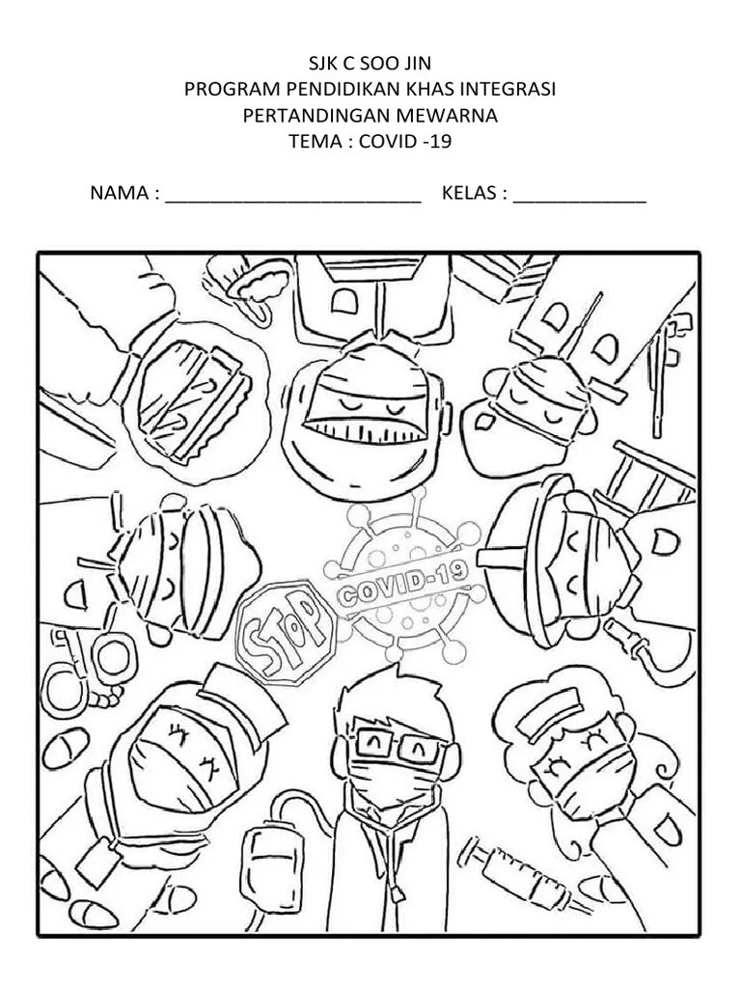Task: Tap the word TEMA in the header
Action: tap(316, 141)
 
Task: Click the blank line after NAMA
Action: tap(293, 201)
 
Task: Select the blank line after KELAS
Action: tap(580, 201)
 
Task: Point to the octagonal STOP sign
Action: tap(286, 633)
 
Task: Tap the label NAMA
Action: tap(120, 193)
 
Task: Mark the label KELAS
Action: tap(469, 193)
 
